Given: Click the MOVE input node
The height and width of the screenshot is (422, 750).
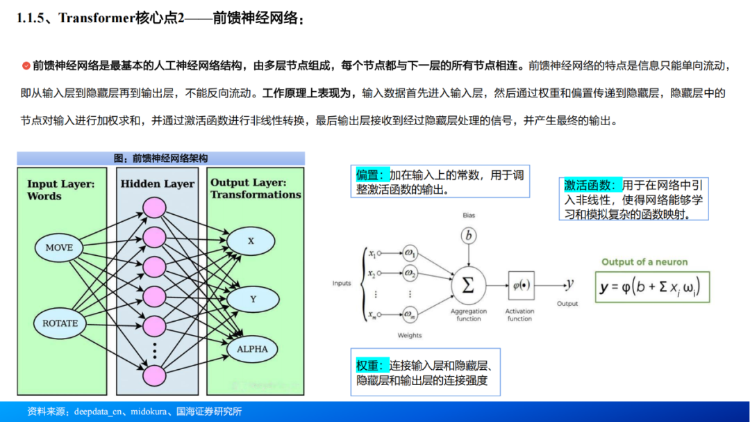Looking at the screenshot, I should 59,247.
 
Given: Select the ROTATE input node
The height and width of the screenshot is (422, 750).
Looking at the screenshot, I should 60,323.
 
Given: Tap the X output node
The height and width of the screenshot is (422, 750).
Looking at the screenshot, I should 251,241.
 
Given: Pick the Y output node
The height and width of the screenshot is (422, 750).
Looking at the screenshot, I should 253,299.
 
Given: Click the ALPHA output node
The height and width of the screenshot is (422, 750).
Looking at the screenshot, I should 252,349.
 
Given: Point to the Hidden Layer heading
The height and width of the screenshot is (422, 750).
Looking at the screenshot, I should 158,184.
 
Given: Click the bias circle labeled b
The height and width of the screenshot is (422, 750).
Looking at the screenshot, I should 469,236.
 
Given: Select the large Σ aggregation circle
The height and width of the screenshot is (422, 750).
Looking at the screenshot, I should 468,285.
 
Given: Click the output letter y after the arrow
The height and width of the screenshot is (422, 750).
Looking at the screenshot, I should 569,284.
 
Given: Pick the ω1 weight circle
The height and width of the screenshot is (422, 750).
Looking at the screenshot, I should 410,253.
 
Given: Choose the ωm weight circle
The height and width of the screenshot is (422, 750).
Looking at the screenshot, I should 410,315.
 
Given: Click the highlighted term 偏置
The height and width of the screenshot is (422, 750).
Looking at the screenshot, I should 370,176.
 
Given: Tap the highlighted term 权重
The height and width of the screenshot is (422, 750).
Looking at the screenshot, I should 369,366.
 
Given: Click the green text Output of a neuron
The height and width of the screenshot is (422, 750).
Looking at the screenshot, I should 644,262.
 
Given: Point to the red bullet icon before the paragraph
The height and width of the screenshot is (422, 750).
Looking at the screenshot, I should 26,65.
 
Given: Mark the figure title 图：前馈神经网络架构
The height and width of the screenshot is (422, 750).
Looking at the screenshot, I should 160,159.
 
